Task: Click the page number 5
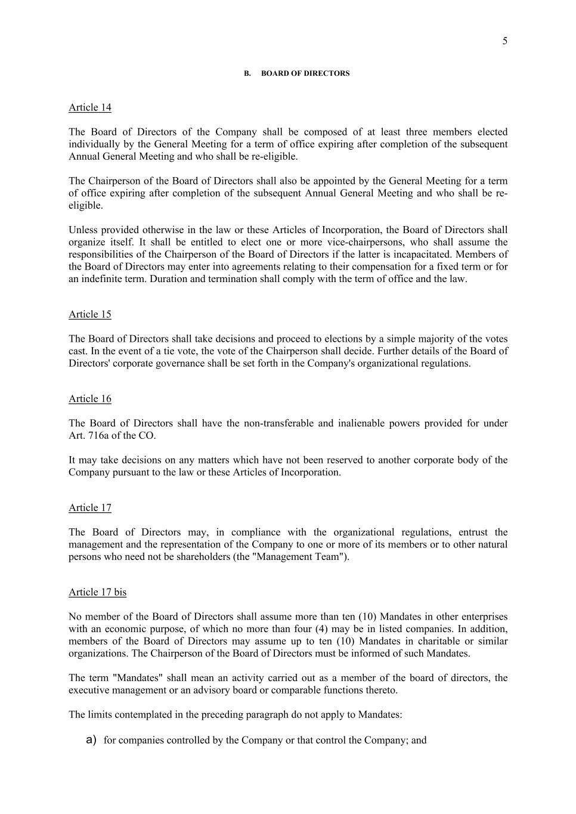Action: [x=504, y=41]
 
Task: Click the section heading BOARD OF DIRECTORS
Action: [x=305, y=73]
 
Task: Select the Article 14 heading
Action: [x=90, y=107]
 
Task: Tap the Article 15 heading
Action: [x=90, y=314]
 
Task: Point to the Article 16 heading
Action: [x=90, y=399]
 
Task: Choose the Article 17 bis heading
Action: [x=97, y=592]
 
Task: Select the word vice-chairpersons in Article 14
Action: [x=364, y=242]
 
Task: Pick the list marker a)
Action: [x=91, y=740]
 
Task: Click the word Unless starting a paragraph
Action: [x=82, y=230]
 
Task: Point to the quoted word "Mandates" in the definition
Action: [x=138, y=678]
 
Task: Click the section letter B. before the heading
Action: [x=247, y=73]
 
